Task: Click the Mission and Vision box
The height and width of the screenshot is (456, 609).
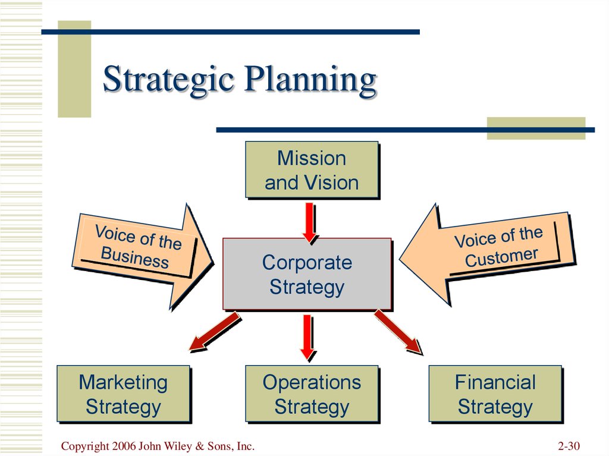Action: tap(312, 170)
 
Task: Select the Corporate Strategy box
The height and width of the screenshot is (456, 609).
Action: tap(307, 274)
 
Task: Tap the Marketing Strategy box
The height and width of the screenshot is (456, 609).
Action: tap(124, 394)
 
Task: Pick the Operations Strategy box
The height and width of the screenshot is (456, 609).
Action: tap(312, 394)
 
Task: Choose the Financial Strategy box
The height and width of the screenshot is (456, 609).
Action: tap(495, 394)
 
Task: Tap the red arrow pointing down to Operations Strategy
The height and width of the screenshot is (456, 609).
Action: tap(308, 337)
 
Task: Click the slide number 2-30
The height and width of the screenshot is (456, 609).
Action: tap(569, 446)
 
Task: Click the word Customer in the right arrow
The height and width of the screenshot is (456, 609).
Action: tap(501, 257)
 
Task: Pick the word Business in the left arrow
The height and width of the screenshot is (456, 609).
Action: tap(135, 257)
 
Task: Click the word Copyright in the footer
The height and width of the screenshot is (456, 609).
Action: tap(85, 446)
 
